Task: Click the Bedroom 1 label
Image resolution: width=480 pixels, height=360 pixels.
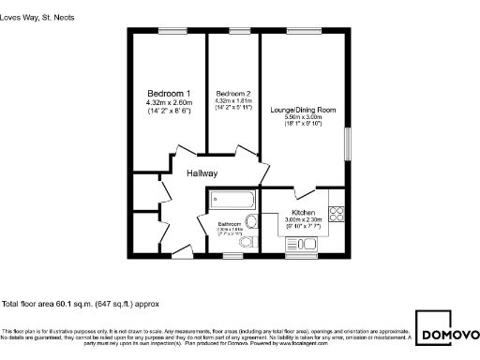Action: click(169, 93)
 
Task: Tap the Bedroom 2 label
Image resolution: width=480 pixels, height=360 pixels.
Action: click(233, 94)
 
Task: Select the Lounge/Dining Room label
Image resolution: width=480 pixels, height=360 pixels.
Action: click(303, 110)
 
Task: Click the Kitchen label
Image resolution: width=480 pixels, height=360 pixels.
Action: click(304, 213)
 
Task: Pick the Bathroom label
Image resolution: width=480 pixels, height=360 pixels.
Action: click(231, 224)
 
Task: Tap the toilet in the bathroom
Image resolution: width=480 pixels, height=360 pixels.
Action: click(247, 242)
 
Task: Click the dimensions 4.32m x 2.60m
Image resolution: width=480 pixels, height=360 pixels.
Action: click(169, 102)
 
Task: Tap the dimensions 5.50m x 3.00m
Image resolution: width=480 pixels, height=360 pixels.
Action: click(303, 117)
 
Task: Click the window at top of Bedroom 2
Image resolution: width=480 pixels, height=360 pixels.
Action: click(233, 31)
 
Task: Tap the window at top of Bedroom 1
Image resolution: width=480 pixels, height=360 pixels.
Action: click(170, 31)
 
